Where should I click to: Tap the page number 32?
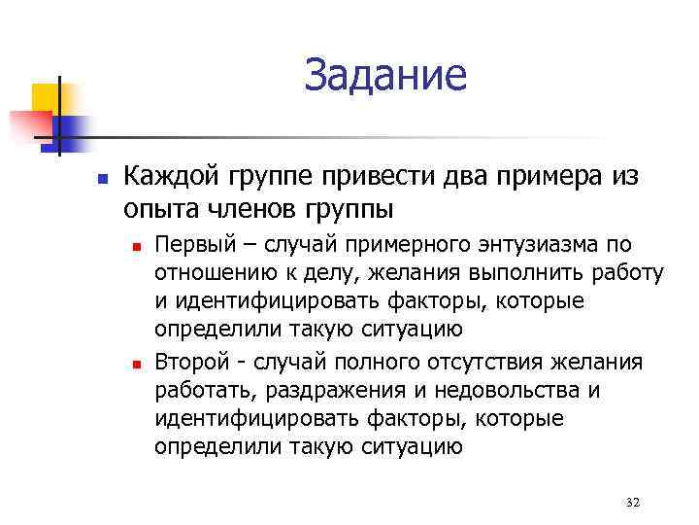point(634,502)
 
